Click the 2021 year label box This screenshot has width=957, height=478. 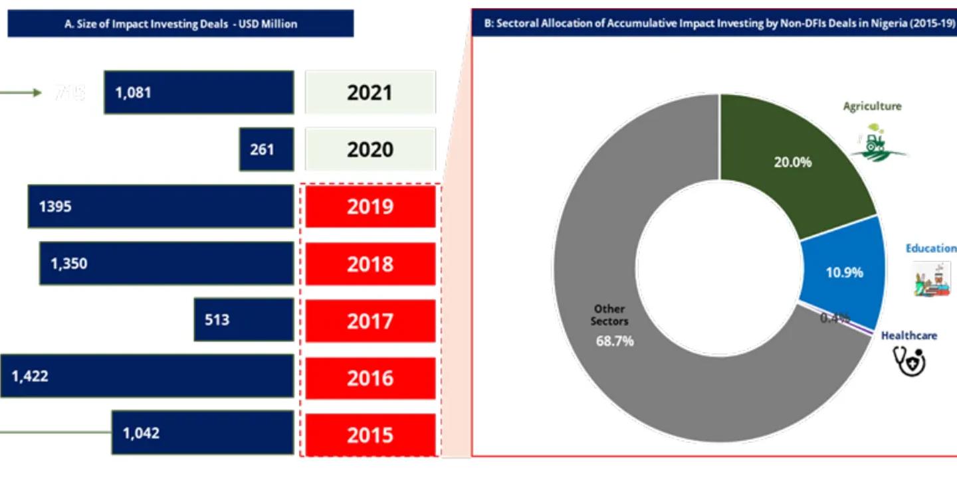[370, 92]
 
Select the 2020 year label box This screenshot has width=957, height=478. [370, 149]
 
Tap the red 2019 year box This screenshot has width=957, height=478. [370, 206]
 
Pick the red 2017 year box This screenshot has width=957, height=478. [370, 321]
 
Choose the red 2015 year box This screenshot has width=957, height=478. [370, 435]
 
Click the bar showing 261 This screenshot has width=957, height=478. [266, 149]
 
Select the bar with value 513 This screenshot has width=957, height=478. [244, 320]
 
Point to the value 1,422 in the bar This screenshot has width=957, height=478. [30, 376]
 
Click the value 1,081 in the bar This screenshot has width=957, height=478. [133, 92]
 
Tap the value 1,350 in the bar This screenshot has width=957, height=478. [68, 264]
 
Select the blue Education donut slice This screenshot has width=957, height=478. [843, 272]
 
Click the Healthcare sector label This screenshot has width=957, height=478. [908, 335]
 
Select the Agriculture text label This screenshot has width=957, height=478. [872, 106]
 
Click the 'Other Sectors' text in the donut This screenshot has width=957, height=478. [609, 315]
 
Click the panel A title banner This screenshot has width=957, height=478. [181, 24]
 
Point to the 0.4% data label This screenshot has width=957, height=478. [834, 318]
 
